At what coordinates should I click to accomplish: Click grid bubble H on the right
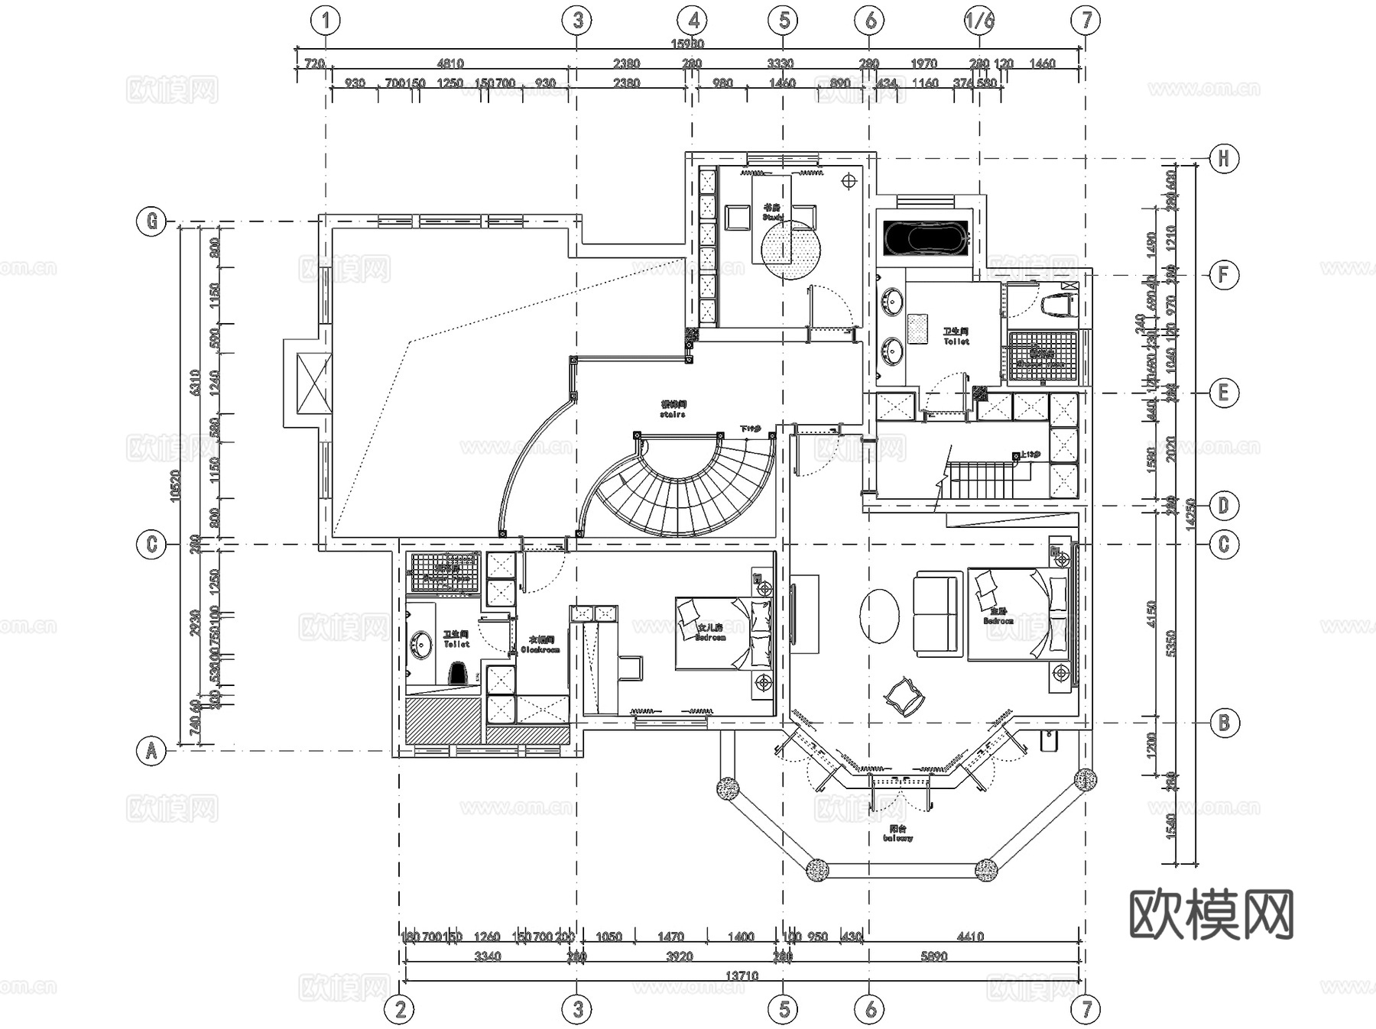[x=1223, y=159]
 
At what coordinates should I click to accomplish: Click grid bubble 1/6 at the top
[x=979, y=20]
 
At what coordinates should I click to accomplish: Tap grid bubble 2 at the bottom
[x=400, y=1009]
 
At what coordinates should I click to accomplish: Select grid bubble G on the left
[x=151, y=222]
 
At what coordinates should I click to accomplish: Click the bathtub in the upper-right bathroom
[x=926, y=238]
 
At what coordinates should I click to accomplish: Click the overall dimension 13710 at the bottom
[x=741, y=976]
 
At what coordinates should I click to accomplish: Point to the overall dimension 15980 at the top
[x=687, y=44]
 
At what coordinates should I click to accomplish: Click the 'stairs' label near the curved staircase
[x=673, y=409]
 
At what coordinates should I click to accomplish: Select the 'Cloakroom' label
[x=540, y=646]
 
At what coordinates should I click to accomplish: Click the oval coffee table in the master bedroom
[x=880, y=615]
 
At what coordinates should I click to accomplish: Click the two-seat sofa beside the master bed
[x=935, y=613]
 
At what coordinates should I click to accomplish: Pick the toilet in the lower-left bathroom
[x=458, y=673]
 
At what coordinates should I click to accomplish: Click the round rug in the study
[x=790, y=249]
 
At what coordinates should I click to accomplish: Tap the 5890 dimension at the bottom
[x=933, y=956]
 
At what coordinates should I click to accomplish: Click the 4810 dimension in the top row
[x=449, y=63]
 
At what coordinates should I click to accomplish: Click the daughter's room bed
[x=722, y=634]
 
